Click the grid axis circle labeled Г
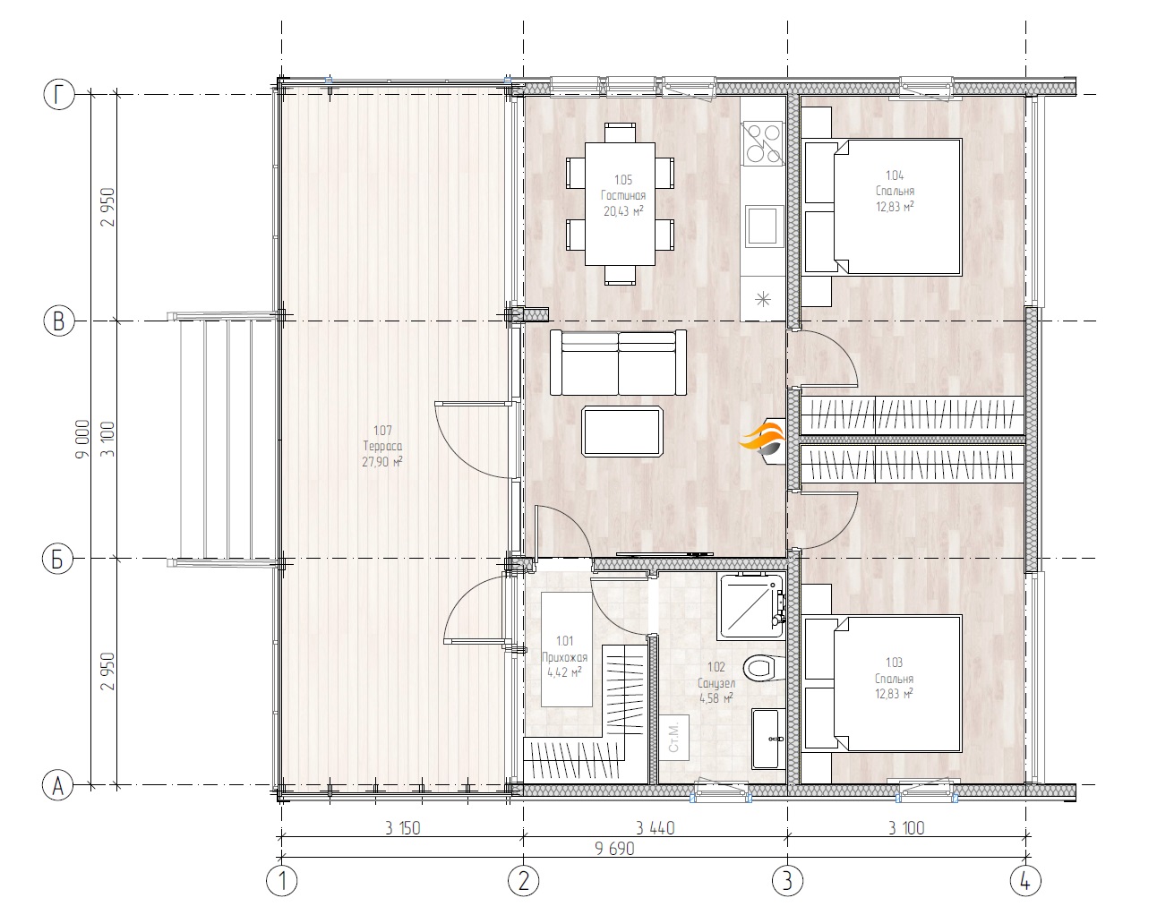(x=58, y=95)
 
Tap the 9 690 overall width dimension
(x=614, y=849)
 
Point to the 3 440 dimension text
(x=655, y=828)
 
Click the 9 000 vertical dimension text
(x=82, y=440)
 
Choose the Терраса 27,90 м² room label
(x=382, y=446)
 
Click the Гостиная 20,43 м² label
(x=623, y=195)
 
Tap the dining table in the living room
(x=620, y=204)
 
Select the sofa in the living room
(x=618, y=363)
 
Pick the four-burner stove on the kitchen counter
(x=762, y=143)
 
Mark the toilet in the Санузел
(x=764, y=668)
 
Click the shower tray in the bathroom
(x=750, y=606)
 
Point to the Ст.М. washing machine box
(x=674, y=738)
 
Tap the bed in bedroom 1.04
(x=883, y=207)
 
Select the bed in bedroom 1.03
(x=883, y=684)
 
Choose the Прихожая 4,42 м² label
(x=564, y=656)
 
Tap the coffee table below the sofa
(x=622, y=432)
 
